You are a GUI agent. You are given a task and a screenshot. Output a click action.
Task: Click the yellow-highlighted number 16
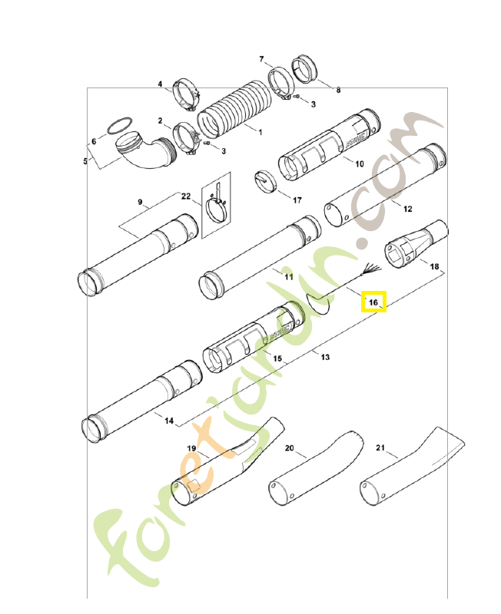coord(374,302)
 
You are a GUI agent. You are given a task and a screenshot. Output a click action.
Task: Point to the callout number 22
coord(186,196)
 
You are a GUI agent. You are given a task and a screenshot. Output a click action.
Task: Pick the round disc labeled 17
coord(264,182)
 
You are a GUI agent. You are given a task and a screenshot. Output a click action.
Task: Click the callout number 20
coord(289,447)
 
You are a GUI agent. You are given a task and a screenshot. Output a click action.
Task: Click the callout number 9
coord(141,202)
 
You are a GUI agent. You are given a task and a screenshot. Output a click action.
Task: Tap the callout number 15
coord(277,358)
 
